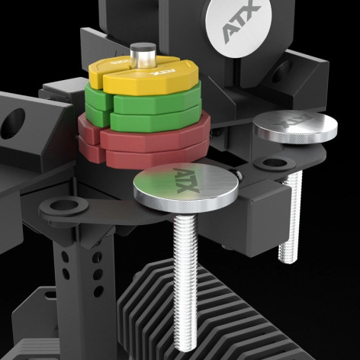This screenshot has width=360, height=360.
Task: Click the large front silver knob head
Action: (185, 188)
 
